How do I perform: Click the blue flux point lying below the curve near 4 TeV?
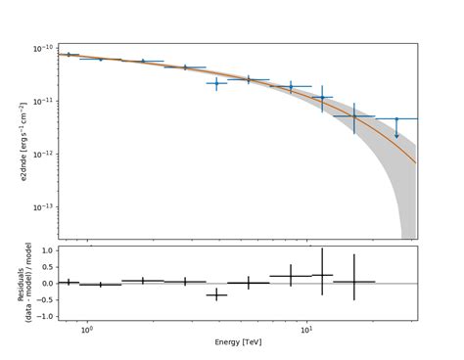[216, 83]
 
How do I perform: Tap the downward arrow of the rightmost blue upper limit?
[396, 134]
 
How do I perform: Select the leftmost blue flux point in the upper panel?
[68, 55]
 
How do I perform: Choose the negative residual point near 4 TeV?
[216, 294]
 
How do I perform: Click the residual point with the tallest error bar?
[322, 275]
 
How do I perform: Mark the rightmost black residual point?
[354, 281]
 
